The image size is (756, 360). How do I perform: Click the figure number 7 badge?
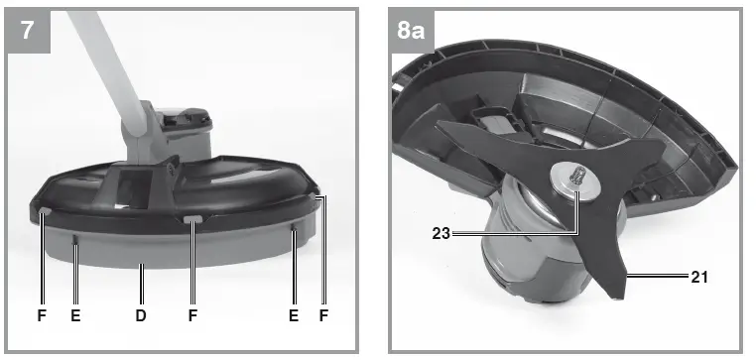(x=28, y=29)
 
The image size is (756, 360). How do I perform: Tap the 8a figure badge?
(x=411, y=29)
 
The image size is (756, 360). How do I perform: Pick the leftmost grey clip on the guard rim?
(x=46, y=210)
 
